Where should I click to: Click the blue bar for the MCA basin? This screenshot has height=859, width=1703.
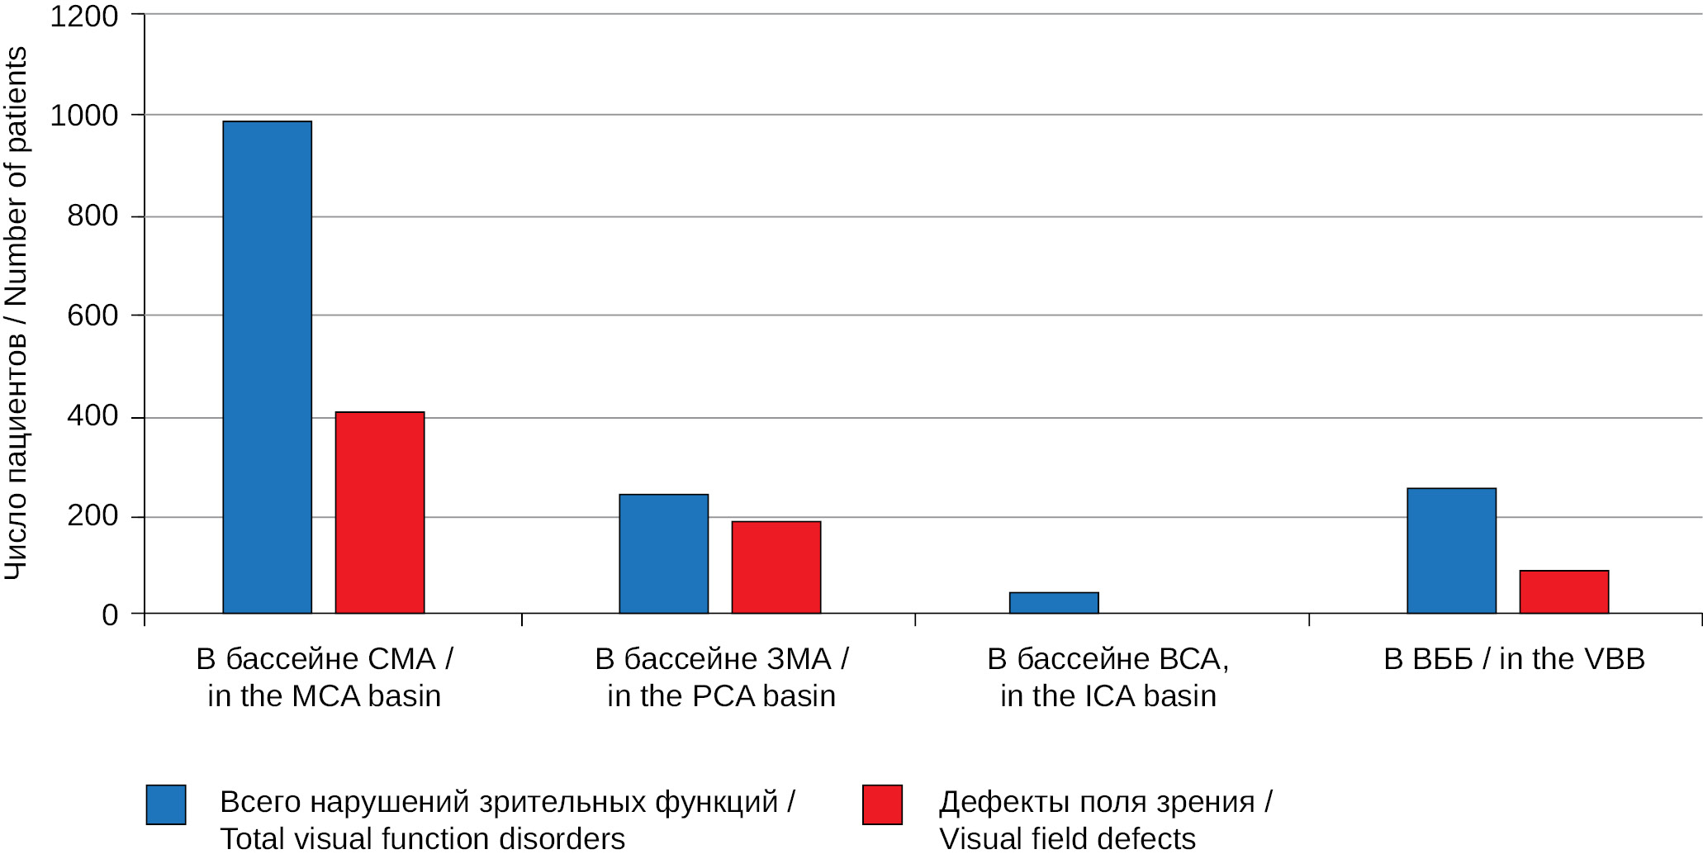click(x=267, y=368)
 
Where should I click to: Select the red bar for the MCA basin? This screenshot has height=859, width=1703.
click(x=379, y=512)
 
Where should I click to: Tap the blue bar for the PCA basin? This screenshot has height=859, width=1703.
click(x=663, y=553)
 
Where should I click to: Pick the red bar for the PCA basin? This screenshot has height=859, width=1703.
click(x=776, y=567)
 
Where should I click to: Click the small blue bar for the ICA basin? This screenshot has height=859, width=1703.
click(x=1053, y=603)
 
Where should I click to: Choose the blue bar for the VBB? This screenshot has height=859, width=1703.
click(x=1451, y=550)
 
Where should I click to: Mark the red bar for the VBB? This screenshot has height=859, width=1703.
click(x=1563, y=591)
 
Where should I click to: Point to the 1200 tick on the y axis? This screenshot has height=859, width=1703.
click(x=84, y=16)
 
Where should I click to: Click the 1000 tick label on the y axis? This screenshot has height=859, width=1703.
click(x=84, y=116)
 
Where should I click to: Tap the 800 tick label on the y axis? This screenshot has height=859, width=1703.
click(x=93, y=216)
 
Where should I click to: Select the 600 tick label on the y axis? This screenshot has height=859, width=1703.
click(x=93, y=316)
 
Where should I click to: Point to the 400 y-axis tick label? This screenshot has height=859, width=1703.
click(x=93, y=416)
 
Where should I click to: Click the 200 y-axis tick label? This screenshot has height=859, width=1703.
click(x=93, y=516)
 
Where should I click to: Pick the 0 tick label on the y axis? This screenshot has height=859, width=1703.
click(x=110, y=615)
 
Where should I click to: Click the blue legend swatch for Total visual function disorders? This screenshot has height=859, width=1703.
click(x=166, y=804)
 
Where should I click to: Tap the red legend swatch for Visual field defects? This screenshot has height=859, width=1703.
click(x=882, y=804)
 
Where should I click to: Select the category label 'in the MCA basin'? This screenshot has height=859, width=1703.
click(x=324, y=695)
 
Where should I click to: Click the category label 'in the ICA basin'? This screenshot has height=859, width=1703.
click(x=1108, y=695)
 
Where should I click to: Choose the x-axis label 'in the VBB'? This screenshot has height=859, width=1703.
click(x=1571, y=659)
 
